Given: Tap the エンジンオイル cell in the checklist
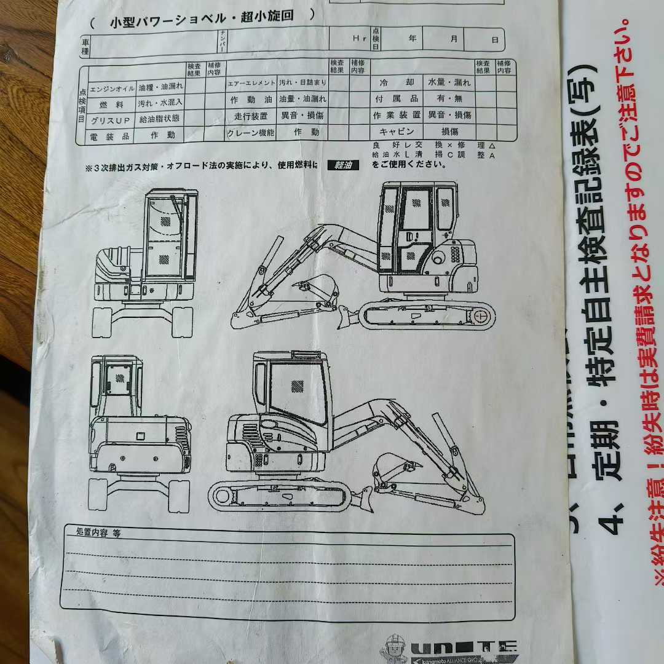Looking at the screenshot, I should coord(113,88).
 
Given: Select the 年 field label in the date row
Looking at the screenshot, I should coord(412,38).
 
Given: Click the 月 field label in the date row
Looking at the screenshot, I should coord(454,38).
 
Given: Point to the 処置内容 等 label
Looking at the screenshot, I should coord(98,532).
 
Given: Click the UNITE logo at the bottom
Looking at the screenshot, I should coord(464,647).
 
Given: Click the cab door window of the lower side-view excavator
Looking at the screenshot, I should coord(298,393).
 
